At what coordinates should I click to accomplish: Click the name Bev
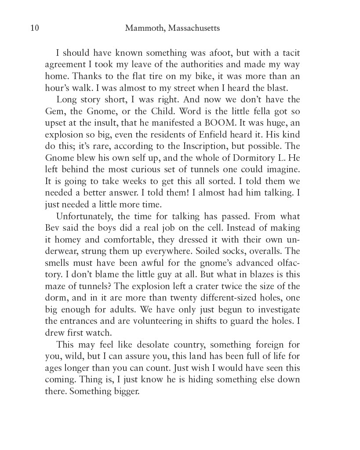coord(52,228)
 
